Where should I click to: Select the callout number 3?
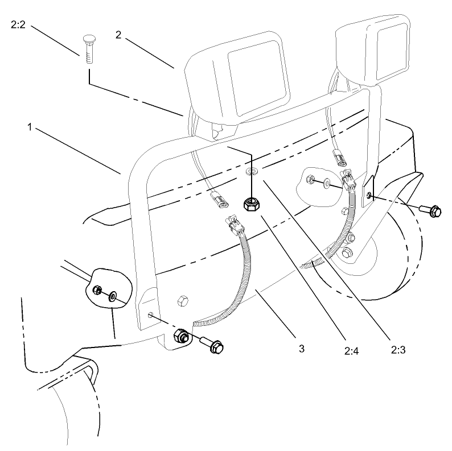302,348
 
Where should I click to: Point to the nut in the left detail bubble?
97,291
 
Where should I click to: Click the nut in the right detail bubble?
310,180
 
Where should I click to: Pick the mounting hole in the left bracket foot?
150,315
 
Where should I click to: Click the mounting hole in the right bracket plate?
370,196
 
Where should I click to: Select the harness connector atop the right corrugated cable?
347,178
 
